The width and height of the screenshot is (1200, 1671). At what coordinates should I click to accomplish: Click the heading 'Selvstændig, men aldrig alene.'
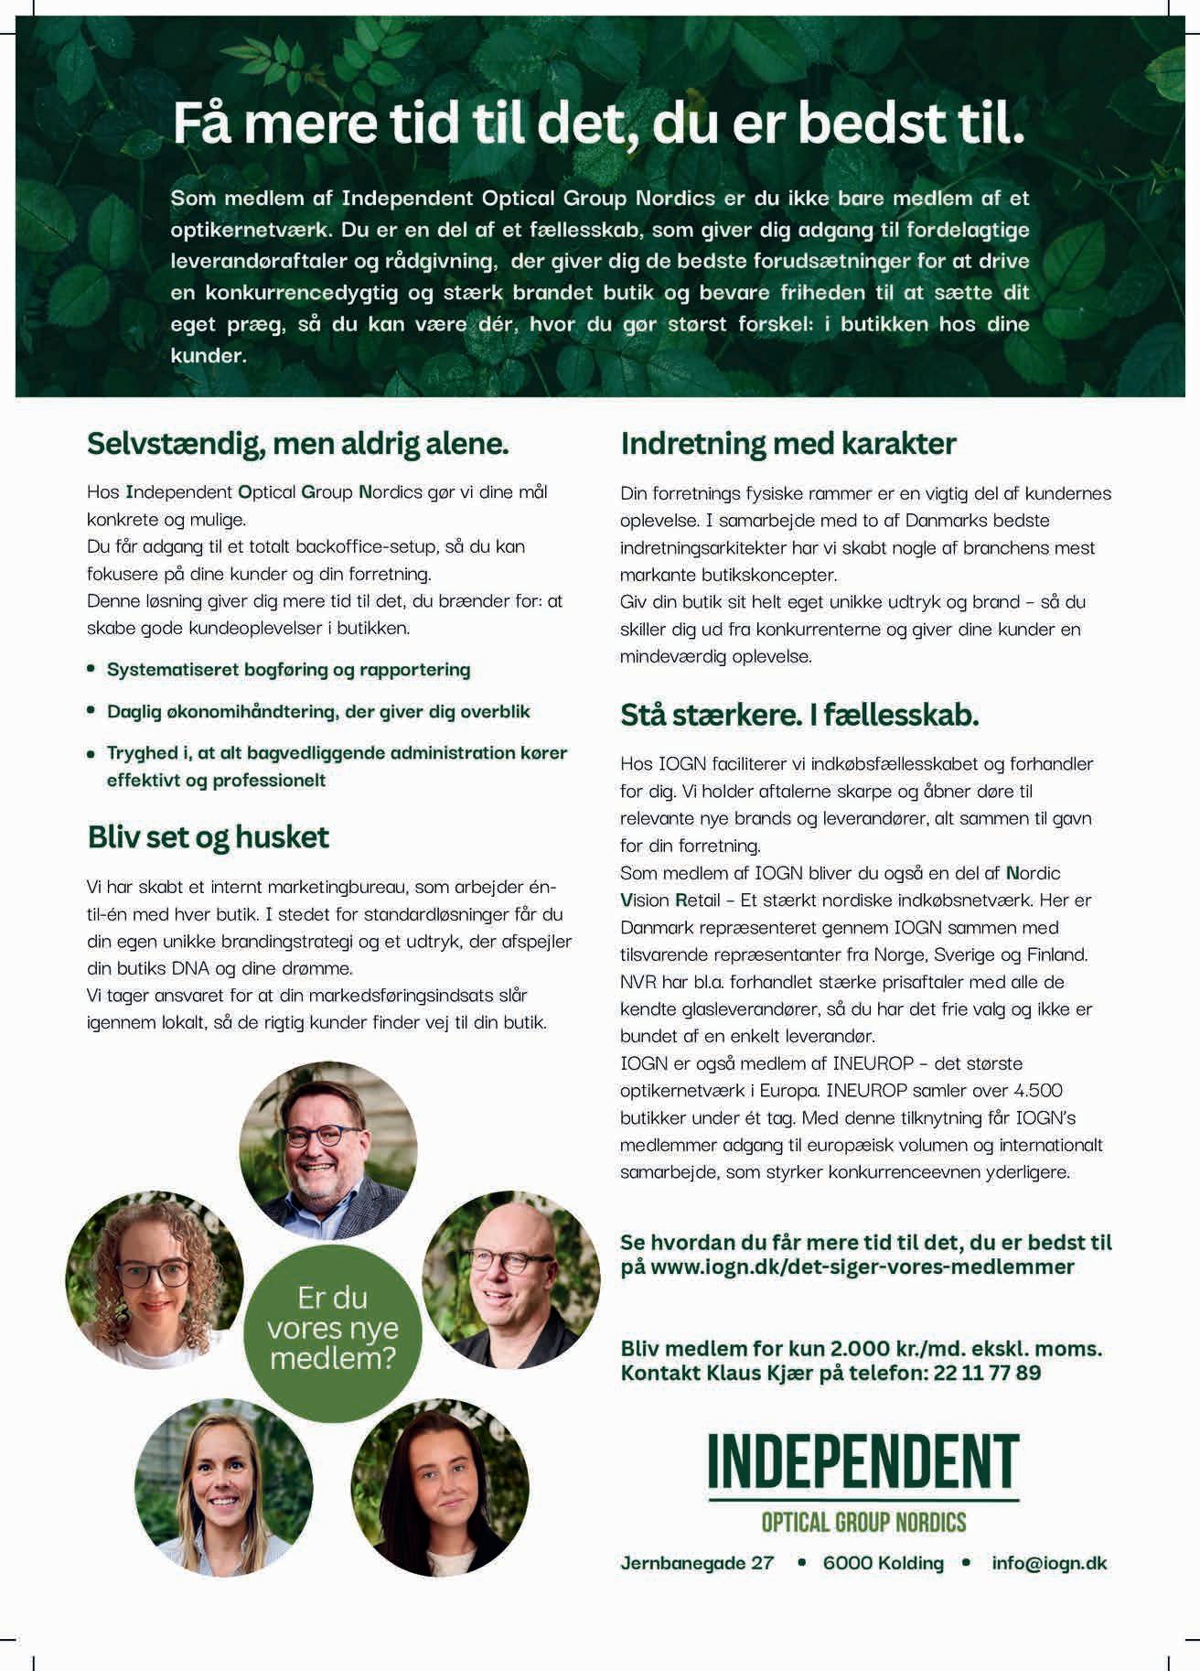click(297, 445)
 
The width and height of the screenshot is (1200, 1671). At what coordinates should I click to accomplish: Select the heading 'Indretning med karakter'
click(787, 444)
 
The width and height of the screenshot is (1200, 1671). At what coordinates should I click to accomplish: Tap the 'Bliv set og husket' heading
click(209, 836)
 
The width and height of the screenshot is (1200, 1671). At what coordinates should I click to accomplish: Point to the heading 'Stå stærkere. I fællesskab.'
click(799, 715)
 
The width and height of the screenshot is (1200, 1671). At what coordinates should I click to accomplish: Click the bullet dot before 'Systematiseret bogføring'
click(91, 669)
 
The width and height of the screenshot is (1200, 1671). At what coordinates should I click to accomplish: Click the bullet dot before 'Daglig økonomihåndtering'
click(91, 710)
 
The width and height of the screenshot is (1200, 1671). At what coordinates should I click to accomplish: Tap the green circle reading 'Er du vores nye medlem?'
click(333, 1327)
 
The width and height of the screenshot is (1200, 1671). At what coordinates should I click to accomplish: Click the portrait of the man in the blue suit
click(327, 1150)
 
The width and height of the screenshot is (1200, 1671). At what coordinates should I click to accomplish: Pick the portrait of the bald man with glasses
click(510, 1279)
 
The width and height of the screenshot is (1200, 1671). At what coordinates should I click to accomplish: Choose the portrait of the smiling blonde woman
click(223, 1487)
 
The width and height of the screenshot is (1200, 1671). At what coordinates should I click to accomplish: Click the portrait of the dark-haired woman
click(440, 1487)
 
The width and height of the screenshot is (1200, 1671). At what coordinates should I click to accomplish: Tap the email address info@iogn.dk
click(1049, 1562)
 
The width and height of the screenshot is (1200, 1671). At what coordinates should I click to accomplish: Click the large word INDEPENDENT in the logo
click(863, 1461)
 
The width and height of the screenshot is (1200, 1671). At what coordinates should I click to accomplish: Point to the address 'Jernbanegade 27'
click(697, 1562)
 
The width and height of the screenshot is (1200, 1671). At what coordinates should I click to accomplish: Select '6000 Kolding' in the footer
click(883, 1562)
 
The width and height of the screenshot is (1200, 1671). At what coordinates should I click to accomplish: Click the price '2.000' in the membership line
click(860, 1348)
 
